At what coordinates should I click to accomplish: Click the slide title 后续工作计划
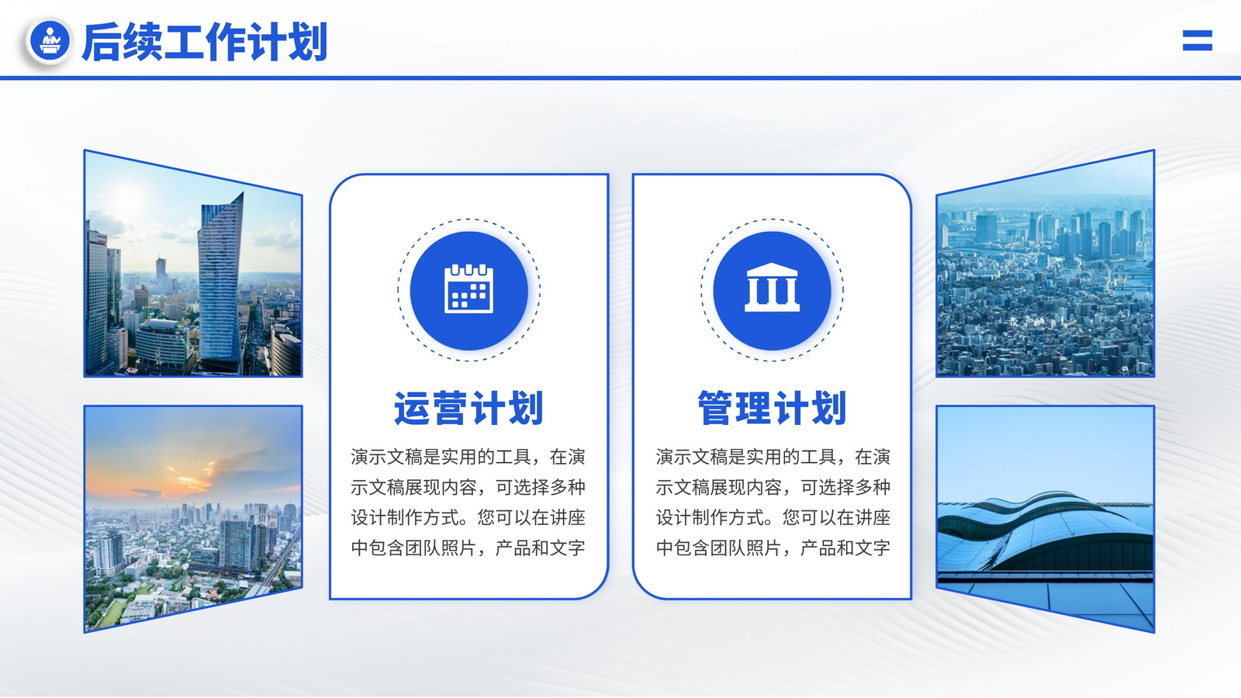[x=205, y=42]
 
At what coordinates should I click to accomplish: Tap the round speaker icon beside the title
[x=50, y=40]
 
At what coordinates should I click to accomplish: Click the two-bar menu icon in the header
[x=1198, y=40]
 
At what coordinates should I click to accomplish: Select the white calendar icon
[x=468, y=289]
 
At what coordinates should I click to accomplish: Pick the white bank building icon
[x=772, y=287]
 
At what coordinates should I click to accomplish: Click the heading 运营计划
[x=468, y=408]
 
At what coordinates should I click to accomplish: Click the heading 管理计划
[x=772, y=408]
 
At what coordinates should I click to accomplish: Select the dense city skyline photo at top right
[x=1046, y=264]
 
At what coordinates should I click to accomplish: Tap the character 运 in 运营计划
[x=412, y=408]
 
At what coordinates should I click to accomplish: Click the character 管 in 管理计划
[x=715, y=408]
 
